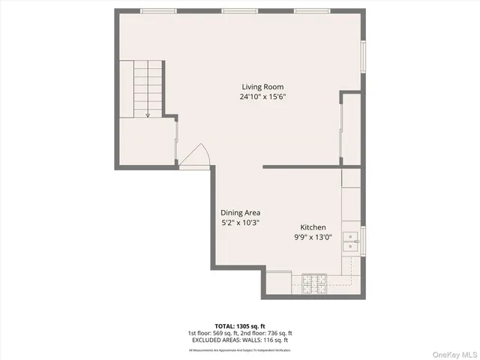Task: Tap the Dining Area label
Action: tap(240, 212)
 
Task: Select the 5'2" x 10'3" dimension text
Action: tap(240, 223)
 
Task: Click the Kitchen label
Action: tap(313, 227)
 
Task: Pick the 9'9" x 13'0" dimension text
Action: tap(313, 238)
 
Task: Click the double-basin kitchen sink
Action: tap(351, 241)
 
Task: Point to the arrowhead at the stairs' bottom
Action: tap(148, 115)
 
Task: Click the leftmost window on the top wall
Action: tap(159, 11)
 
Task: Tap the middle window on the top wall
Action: tap(240, 11)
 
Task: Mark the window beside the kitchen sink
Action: tap(363, 241)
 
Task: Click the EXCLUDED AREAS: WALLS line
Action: tap(240, 340)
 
